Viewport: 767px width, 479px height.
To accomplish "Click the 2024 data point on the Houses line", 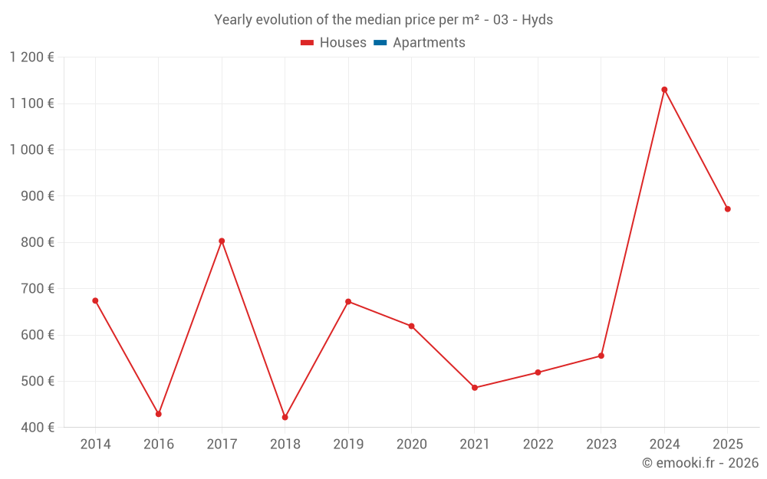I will coord(664,90).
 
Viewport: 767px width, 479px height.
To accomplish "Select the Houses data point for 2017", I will coord(222,241).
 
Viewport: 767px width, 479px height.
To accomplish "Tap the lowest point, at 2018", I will coord(285,417).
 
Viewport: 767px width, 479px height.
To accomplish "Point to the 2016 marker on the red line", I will coord(159,414).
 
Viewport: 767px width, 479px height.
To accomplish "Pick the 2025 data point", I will coord(727,209).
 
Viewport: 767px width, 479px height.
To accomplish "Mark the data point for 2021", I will coord(475,388).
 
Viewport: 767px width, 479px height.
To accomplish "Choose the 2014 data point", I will coord(95,300).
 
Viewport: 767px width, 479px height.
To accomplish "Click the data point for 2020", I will coord(411,326).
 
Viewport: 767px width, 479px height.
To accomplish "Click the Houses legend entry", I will coord(334,43).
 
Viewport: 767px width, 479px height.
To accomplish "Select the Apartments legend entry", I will coord(420,43).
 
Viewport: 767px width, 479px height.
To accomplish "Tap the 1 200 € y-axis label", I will coord(31,57).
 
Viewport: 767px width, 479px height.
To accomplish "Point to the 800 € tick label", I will coord(38,242).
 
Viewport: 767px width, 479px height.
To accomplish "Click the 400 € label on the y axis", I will coord(38,428).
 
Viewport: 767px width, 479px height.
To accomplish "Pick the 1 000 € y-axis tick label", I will coord(31,149).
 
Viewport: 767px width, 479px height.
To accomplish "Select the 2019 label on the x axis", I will coord(348,445).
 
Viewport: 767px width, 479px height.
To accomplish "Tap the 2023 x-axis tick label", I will coord(601,445).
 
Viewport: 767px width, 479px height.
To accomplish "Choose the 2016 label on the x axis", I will coord(159,445).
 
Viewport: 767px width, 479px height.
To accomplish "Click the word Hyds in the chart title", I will coord(537,20).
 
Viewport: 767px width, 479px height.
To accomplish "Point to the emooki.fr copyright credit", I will coord(700,463).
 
